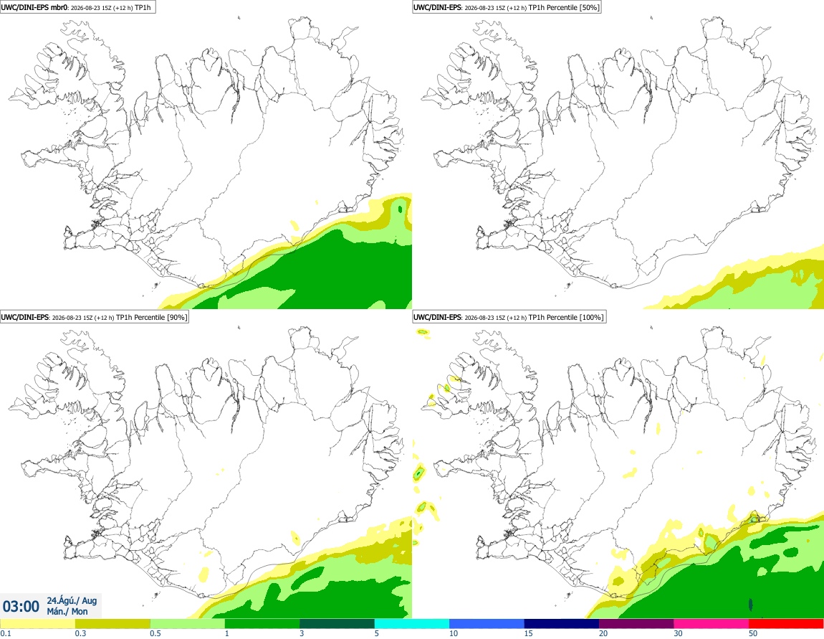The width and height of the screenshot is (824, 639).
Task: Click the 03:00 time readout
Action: [21, 607]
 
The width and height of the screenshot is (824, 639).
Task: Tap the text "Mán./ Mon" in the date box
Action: [67, 612]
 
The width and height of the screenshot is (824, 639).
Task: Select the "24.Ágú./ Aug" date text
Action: [72, 600]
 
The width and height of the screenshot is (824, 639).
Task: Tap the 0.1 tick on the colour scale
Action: [5, 633]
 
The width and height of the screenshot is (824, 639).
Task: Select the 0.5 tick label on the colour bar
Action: [155, 633]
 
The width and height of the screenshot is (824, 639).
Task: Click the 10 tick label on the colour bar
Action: [454, 633]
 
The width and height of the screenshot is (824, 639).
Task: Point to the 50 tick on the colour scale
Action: [753, 633]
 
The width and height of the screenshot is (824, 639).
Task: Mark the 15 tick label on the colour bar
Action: [529, 633]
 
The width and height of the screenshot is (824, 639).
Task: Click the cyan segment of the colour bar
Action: [411, 624]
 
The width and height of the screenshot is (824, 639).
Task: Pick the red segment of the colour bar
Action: [786, 624]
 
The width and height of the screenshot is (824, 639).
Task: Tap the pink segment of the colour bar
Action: [711, 624]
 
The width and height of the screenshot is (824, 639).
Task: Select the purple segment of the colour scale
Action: [636, 624]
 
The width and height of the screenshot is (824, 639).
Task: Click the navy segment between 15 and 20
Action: [561, 624]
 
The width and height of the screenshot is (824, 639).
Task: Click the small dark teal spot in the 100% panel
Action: [750, 605]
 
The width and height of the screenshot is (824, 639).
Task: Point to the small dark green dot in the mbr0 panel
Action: [401, 209]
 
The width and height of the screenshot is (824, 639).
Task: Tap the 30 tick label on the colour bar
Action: [679, 633]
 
